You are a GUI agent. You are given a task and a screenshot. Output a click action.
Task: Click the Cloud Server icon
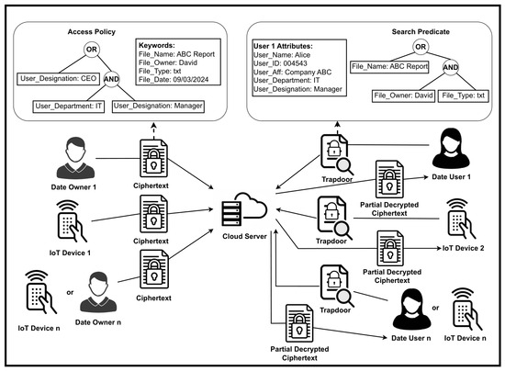(244, 209)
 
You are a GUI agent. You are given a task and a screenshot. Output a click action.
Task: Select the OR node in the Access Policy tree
(92, 50)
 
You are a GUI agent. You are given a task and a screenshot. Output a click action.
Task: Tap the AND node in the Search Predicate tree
(451, 67)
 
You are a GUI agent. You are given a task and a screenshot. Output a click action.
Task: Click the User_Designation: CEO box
(58, 79)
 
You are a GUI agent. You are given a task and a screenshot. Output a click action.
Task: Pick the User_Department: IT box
(69, 107)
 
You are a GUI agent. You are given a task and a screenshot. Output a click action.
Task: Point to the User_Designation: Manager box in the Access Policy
(158, 107)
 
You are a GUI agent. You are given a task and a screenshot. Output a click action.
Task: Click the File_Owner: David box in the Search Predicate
(403, 96)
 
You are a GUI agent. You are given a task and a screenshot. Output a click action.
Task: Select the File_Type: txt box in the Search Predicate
(464, 96)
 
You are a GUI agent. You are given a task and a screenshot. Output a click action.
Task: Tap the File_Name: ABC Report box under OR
(389, 67)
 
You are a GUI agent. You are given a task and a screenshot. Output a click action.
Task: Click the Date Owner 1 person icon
(75, 158)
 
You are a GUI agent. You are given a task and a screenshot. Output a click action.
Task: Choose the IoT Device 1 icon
(72, 221)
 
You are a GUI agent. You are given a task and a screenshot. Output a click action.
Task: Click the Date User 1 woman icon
(451, 149)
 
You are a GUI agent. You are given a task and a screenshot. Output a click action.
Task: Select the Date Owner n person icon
(98, 292)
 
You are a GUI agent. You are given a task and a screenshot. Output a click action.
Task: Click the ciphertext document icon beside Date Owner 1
(153, 159)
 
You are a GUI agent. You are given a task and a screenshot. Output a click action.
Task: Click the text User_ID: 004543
(280, 63)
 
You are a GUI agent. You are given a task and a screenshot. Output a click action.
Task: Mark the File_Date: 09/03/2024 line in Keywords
(174, 80)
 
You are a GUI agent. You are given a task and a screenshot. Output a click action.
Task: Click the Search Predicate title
(421, 31)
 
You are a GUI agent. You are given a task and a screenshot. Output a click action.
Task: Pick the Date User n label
(411, 338)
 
